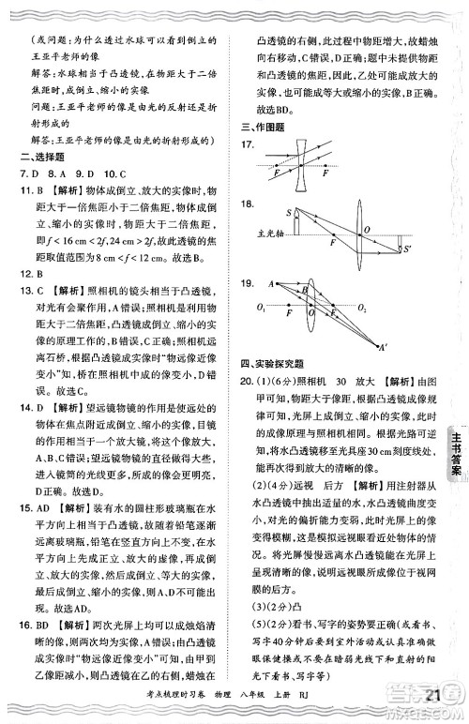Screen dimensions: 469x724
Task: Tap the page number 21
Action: [433, 695]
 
